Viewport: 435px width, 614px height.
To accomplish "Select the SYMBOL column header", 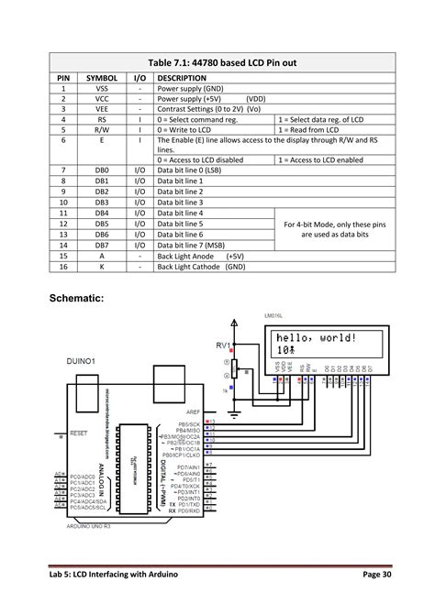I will pos(102,79).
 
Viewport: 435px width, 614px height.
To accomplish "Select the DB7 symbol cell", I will pos(102,245).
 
